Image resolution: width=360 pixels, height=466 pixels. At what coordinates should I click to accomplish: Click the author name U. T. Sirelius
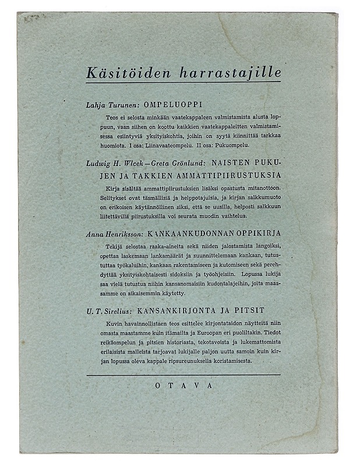pyautogui.click(x=105, y=310)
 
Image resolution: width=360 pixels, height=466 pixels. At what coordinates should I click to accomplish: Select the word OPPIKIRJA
pyautogui.click(x=253, y=233)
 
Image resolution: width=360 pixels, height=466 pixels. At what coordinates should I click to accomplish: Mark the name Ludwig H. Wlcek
pyautogui.click(x=116, y=165)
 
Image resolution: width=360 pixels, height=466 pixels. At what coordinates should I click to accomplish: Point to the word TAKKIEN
pyautogui.click(x=130, y=175)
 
